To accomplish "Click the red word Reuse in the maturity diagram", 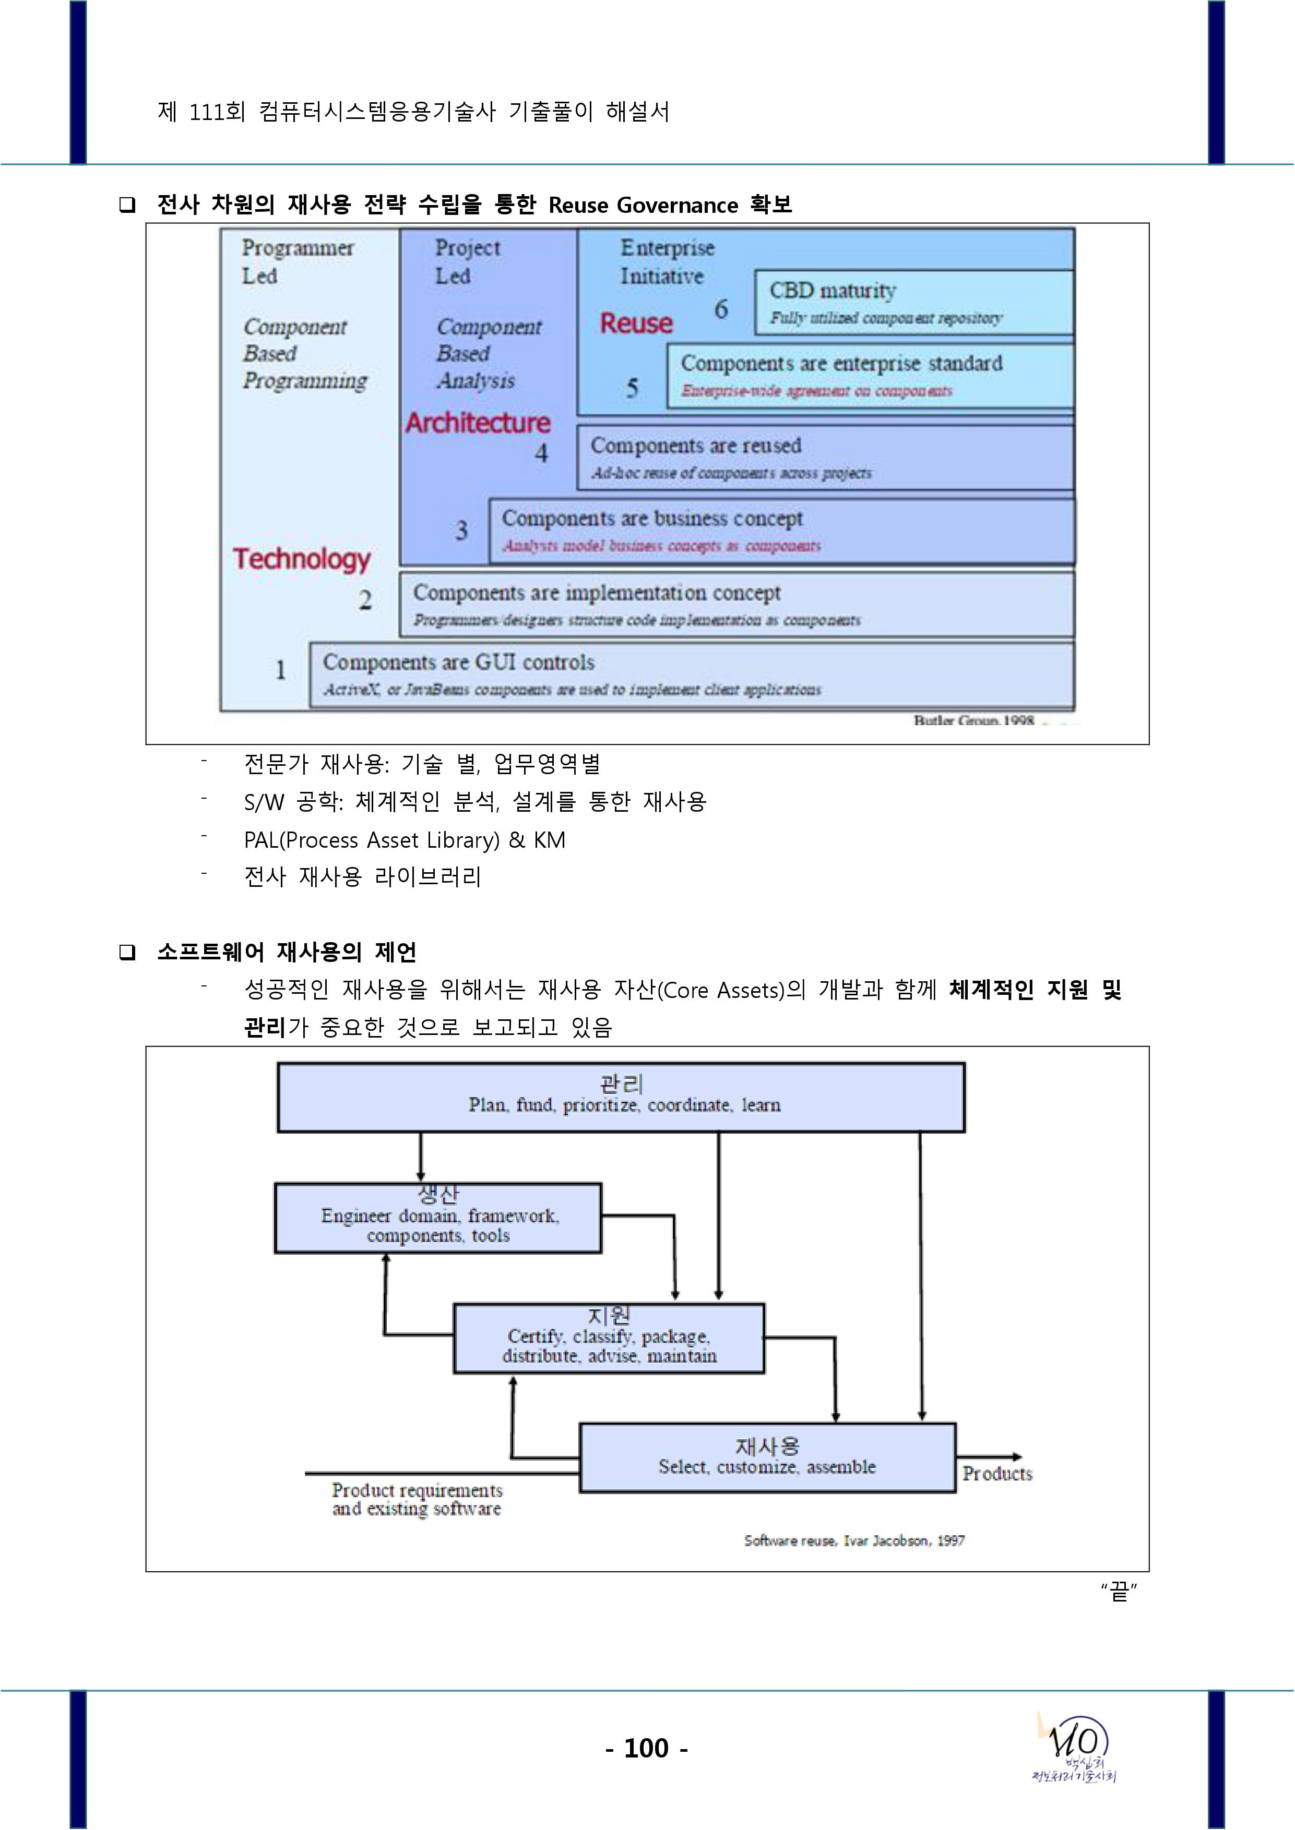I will pyautogui.click(x=636, y=323).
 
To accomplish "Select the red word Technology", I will pyautogui.click(x=301, y=559).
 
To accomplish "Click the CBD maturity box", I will pyautogui.click(x=913, y=302).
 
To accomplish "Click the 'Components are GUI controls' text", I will pyautogui.click(x=458, y=663).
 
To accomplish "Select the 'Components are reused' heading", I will pyautogui.click(x=695, y=446).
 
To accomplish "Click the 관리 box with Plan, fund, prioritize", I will pyautogui.click(x=621, y=1097).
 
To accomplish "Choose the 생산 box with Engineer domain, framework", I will pyautogui.click(x=438, y=1218).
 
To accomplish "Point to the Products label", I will pyautogui.click(x=997, y=1474).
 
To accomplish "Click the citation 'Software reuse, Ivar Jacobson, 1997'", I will pyautogui.click(x=854, y=1540).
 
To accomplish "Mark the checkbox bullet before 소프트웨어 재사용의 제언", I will pyautogui.click(x=127, y=953).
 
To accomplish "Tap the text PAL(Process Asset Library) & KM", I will pyautogui.click(x=405, y=840).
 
